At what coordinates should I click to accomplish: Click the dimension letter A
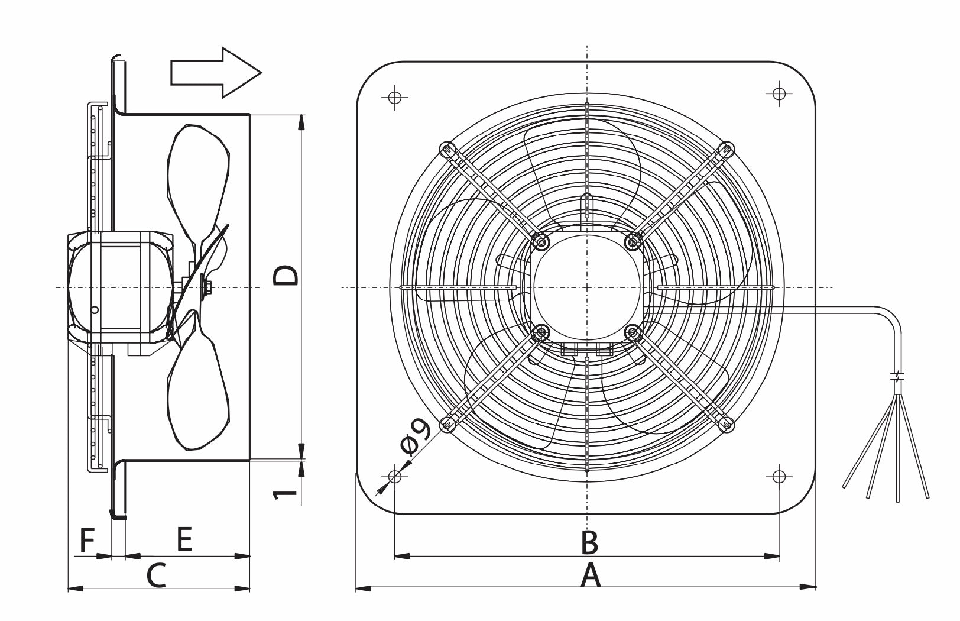pyautogui.click(x=591, y=575)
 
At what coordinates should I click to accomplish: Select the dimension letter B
pyautogui.click(x=590, y=542)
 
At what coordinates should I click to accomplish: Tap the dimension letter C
pyautogui.click(x=156, y=575)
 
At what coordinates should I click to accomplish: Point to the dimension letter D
pyautogui.click(x=286, y=275)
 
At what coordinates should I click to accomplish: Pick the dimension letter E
pyautogui.click(x=184, y=539)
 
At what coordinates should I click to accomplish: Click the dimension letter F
pyautogui.click(x=87, y=540)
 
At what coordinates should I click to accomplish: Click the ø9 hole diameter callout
pyautogui.click(x=416, y=437)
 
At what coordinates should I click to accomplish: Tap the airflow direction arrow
pyautogui.click(x=216, y=73)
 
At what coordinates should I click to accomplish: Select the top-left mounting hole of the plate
pyautogui.click(x=395, y=98)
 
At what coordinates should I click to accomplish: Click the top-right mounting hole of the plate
pyautogui.click(x=779, y=93)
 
